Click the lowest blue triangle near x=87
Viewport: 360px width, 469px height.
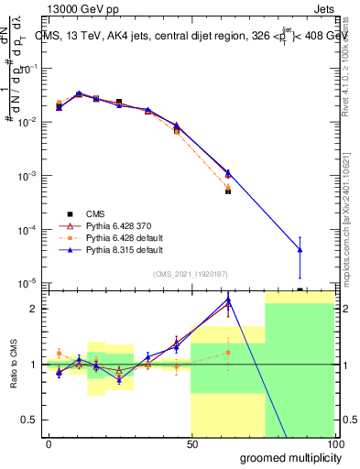[x=300, y=250]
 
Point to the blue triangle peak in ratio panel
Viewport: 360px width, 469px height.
[x=228, y=299]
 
